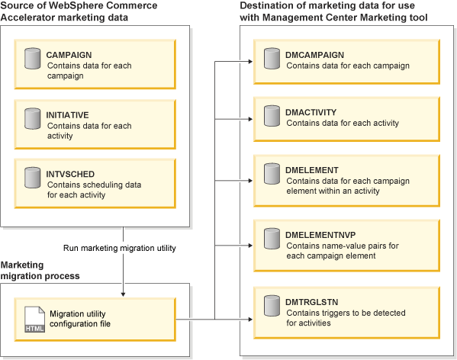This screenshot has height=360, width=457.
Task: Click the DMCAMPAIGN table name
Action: (x=315, y=56)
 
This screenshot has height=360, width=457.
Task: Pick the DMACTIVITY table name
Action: (x=311, y=112)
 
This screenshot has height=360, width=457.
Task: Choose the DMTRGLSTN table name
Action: (x=313, y=303)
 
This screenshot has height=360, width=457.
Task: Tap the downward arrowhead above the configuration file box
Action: (x=123, y=291)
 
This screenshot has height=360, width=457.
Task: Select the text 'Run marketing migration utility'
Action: (x=124, y=248)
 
